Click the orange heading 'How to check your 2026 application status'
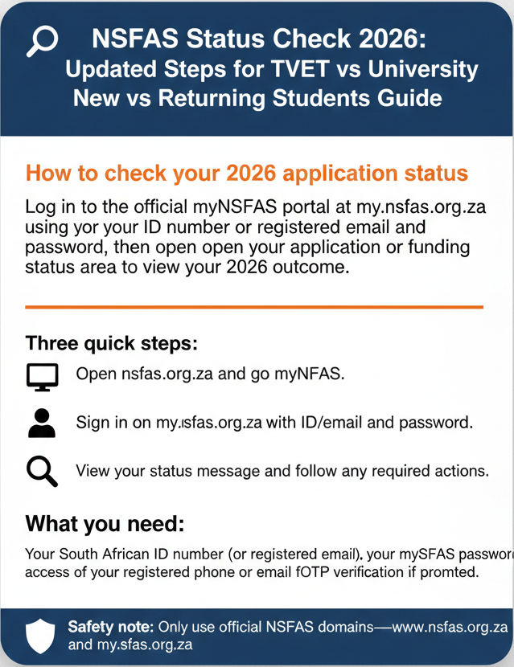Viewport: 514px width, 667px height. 247,174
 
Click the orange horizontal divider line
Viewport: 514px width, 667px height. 254,307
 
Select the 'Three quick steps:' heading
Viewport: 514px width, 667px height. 111,343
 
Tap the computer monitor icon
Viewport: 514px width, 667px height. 42,376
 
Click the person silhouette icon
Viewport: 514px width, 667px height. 42,423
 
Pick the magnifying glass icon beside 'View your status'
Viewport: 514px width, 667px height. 42,471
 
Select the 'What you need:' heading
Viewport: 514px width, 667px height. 105,524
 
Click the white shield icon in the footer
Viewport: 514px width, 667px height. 39,635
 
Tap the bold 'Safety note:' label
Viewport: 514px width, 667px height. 112,626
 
